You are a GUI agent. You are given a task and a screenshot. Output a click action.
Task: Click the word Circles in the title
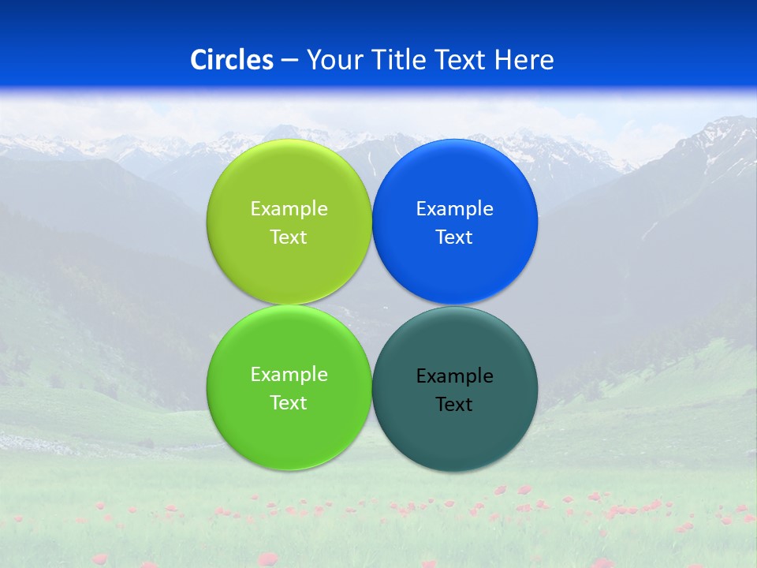pyautogui.click(x=231, y=60)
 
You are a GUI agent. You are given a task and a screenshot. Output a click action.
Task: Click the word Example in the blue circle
pyautogui.click(x=455, y=209)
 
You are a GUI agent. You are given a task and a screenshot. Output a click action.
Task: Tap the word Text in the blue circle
pyautogui.click(x=454, y=237)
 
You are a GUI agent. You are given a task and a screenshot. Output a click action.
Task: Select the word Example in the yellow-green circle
pyautogui.click(x=289, y=209)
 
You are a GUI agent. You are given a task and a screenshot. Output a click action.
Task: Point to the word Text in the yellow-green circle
pyautogui.click(x=289, y=237)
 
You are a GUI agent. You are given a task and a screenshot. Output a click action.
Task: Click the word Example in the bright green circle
pyautogui.click(x=289, y=375)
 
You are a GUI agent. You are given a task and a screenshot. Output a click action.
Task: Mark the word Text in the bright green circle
pyautogui.click(x=289, y=403)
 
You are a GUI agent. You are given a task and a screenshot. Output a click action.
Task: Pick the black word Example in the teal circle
pyautogui.click(x=455, y=376)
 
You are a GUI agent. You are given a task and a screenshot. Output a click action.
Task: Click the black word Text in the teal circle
pyautogui.click(x=454, y=405)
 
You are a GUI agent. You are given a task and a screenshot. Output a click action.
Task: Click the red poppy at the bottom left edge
pyautogui.click(x=99, y=559)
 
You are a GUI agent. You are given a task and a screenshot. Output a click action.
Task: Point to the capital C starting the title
pyautogui.click(x=199, y=60)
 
